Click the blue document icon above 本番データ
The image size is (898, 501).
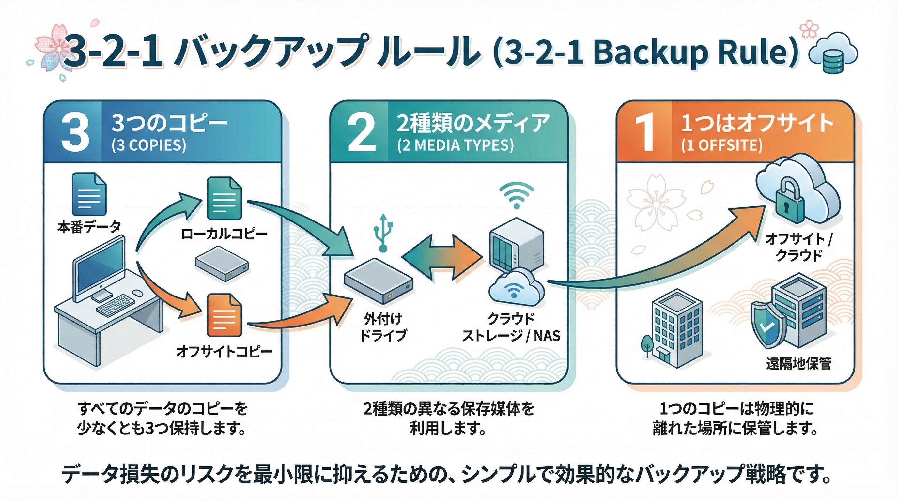point(89,195)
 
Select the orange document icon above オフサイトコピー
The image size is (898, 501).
point(224,315)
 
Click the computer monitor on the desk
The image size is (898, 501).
point(99,268)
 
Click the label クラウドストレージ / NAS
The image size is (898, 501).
point(511,327)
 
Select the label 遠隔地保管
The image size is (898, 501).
point(798,364)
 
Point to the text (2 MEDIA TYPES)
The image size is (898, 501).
point(455,145)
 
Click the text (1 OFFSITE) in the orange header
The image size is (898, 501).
point(721,145)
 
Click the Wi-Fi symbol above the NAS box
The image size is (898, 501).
point(516,195)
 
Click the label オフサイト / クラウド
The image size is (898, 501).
point(798,247)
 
